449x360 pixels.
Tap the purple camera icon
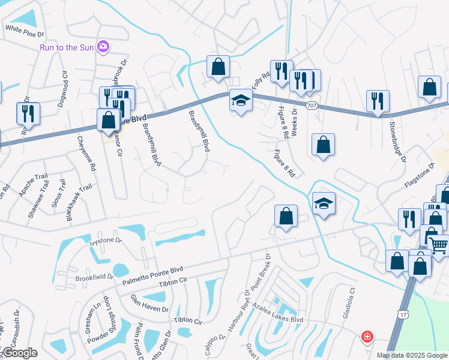click(x=104, y=46)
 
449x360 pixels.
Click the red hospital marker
click(x=366, y=337)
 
